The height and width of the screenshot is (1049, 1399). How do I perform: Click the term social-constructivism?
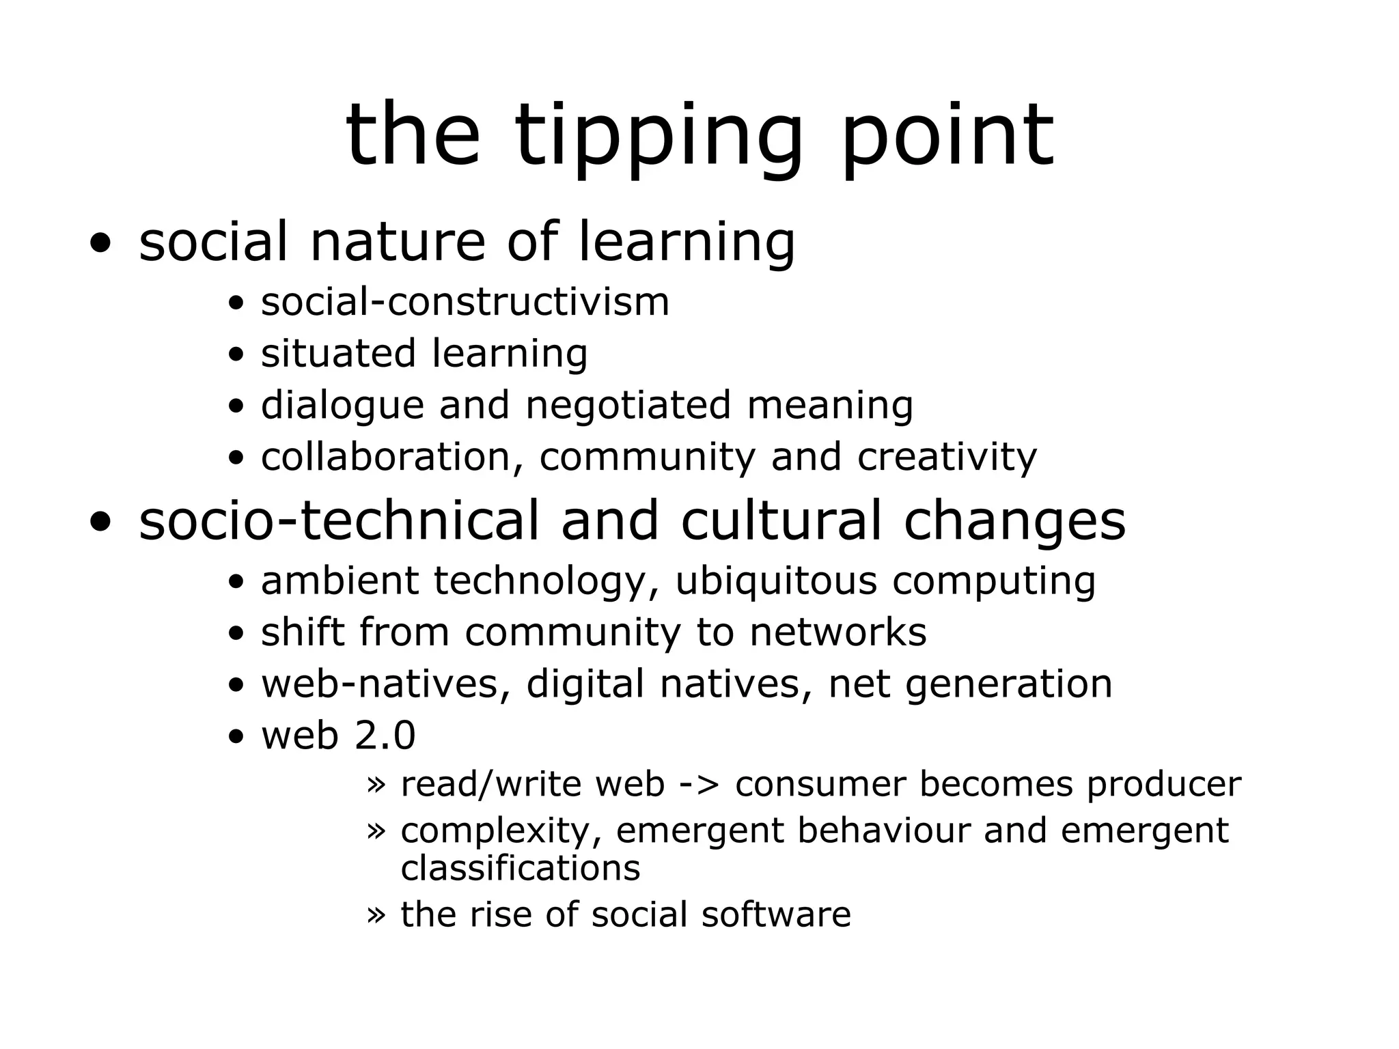465,302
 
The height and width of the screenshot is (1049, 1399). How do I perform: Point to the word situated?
338,354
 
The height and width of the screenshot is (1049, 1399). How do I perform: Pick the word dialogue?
342,406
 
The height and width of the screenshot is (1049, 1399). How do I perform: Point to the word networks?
838,632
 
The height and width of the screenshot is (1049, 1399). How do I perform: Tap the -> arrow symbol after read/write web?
699,785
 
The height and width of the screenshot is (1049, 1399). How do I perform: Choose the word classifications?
521,868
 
